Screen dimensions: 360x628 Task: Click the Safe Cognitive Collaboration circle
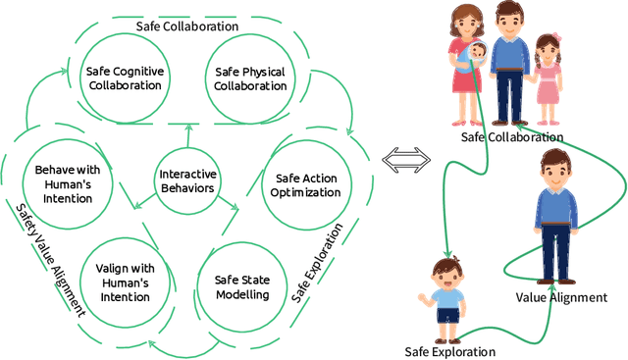coord(124,78)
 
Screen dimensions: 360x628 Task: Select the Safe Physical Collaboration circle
coord(249,78)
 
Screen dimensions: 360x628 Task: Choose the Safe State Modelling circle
coord(240,286)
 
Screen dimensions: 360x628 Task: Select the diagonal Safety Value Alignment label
coord(49,260)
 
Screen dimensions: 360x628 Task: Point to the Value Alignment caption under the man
coord(562,297)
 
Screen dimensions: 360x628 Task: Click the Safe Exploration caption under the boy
coord(450,351)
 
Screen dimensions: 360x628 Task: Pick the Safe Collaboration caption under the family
coord(512,137)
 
